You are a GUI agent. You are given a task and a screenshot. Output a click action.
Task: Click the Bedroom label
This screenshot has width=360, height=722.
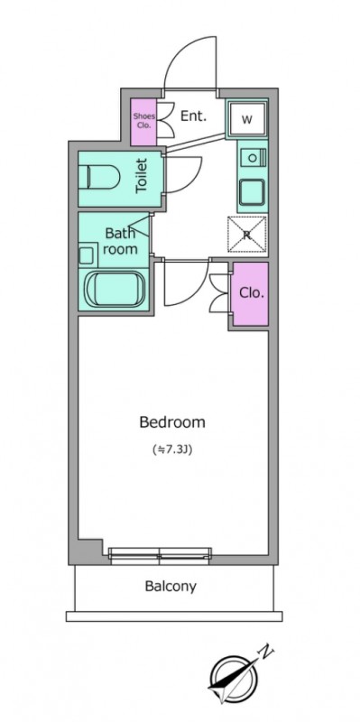click(x=172, y=421)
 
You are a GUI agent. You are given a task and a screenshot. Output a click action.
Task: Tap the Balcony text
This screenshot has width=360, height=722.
click(x=171, y=586)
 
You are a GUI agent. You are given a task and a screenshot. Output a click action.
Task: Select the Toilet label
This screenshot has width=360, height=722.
click(x=142, y=175)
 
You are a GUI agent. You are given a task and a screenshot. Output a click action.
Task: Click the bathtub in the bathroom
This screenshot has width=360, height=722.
click(x=115, y=289)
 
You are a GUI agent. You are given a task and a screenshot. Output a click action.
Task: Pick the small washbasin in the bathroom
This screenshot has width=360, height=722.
click(x=86, y=255)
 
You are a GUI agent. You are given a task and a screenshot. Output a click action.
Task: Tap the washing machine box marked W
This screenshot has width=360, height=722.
click(x=247, y=119)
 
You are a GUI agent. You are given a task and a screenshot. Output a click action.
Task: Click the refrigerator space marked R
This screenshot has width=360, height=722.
click(x=247, y=235)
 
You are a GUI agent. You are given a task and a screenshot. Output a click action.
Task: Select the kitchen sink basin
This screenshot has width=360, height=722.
click(x=252, y=192)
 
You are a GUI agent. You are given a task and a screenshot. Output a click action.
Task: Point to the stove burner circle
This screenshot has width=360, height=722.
click(x=253, y=158)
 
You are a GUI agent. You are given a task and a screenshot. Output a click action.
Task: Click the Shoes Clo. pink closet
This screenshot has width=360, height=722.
click(x=143, y=120)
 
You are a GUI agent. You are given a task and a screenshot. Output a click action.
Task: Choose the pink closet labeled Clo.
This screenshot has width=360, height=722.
click(x=250, y=293)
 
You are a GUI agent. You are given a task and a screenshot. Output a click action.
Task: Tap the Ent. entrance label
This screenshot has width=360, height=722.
click(x=193, y=116)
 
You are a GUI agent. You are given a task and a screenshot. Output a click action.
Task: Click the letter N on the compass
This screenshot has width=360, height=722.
click(x=266, y=652)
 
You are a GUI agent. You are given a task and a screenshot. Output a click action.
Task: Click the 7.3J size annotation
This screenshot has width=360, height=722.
click(x=171, y=449)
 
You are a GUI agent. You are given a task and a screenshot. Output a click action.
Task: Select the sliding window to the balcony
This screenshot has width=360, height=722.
click(x=161, y=556)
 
